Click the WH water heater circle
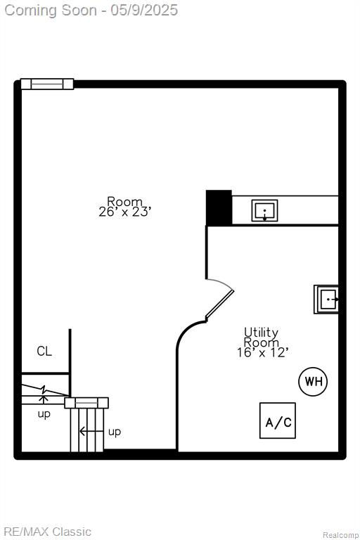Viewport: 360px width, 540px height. click(313, 382)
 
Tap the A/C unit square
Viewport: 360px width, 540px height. click(278, 420)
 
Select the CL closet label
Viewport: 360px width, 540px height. click(44, 352)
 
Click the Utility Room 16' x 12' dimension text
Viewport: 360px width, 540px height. click(262, 352)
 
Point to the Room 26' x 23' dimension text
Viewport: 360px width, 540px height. click(124, 212)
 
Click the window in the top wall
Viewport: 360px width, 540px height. click(47, 84)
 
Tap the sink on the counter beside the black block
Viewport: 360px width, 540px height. click(264, 210)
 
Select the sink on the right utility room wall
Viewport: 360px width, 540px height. click(326, 300)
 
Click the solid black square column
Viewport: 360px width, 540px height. click(219, 207)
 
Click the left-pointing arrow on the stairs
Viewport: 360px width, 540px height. click(91, 431)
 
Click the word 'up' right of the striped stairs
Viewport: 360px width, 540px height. click(115, 432)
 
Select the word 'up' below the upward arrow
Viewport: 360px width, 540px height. click(44, 414)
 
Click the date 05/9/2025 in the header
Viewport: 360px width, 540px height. click(144, 11)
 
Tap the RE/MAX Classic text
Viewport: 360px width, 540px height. click(48, 532)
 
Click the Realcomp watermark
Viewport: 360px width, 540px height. click(340, 535)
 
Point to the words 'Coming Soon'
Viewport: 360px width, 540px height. click(51, 11)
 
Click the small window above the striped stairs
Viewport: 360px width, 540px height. click(86, 403)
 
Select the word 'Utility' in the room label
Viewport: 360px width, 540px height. click(261, 333)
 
